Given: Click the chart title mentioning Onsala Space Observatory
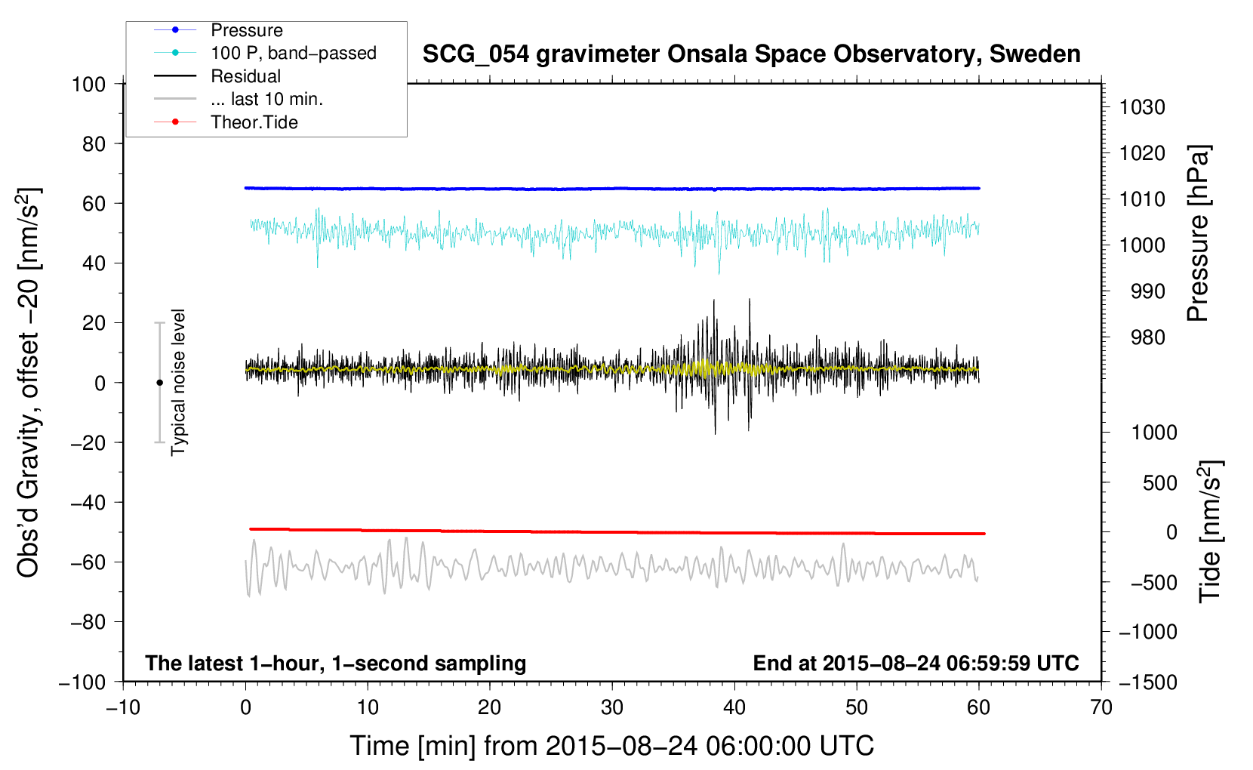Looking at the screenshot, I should (751, 54).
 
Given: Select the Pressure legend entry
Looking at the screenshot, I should (246, 30).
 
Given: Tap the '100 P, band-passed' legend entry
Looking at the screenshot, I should (293, 53).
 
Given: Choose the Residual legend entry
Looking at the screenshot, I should (245, 76).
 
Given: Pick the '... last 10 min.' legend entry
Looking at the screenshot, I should (266, 99).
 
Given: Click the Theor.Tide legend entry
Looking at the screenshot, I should (254, 122).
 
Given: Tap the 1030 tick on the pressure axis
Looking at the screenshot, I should (1142, 107).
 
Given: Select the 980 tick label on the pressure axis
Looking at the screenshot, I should (1147, 337).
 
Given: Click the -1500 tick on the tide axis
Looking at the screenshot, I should (1147, 682).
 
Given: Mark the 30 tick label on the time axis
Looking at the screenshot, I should (612, 707).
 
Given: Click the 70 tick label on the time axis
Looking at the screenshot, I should (1101, 707).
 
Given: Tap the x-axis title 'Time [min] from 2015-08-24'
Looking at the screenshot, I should (611, 746).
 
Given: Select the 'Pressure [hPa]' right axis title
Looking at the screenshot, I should (1198, 233).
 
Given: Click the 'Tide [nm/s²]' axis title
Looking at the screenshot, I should (1210, 531).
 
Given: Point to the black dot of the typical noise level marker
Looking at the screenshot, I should (159, 383).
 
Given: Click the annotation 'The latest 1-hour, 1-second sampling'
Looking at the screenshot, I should (335, 663).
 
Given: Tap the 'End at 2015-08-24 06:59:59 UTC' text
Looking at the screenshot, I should (916, 663).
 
